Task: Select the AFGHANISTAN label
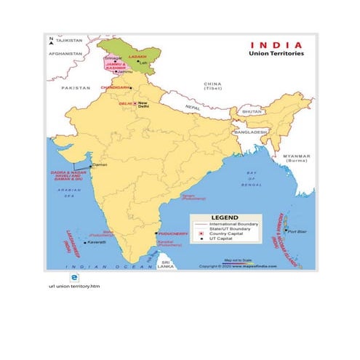[63, 53]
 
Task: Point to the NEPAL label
[192, 107]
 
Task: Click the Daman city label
[100, 165]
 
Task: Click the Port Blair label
[297, 232]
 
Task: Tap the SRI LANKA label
[167, 265]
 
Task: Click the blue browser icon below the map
[73, 278]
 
